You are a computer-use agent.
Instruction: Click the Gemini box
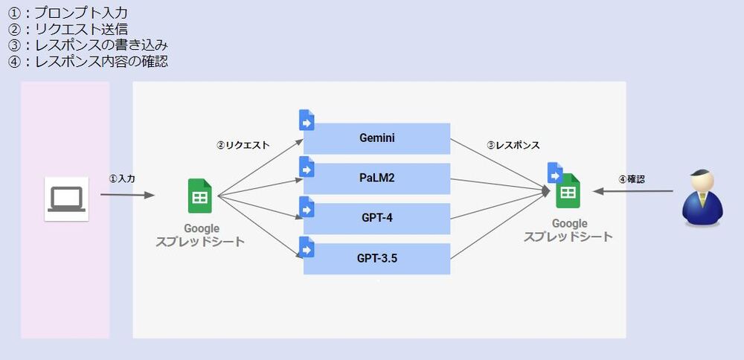pyautogui.click(x=377, y=138)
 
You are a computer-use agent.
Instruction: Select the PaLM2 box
pyautogui.click(x=377, y=179)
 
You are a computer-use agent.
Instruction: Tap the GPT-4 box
pyautogui.click(x=377, y=219)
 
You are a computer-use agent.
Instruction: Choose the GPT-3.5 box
pyautogui.click(x=377, y=259)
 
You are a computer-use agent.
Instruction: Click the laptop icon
pyautogui.click(x=66, y=199)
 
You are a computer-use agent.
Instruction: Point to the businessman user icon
pyautogui.click(x=702, y=197)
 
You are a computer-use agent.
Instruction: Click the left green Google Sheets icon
pyautogui.click(x=200, y=196)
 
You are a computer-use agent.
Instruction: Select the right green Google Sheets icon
pyautogui.click(x=568, y=191)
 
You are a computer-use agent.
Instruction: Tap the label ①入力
pyautogui.click(x=122, y=179)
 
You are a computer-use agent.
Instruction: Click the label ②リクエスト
pyautogui.click(x=243, y=146)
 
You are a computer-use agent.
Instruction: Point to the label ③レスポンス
pyautogui.click(x=513, y=146)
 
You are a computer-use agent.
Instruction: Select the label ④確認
pyautogui.click(x=632, y=179)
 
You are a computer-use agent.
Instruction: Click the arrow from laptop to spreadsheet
pyautogui.click(x=127, y=196)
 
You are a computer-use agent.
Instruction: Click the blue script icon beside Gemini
pyautogui.click(x=307, y=120)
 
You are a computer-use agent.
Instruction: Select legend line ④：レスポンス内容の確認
pyautogui.click(x=88, y=62)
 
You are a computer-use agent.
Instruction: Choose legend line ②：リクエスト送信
pyautogui.click(x=67, y=30)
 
